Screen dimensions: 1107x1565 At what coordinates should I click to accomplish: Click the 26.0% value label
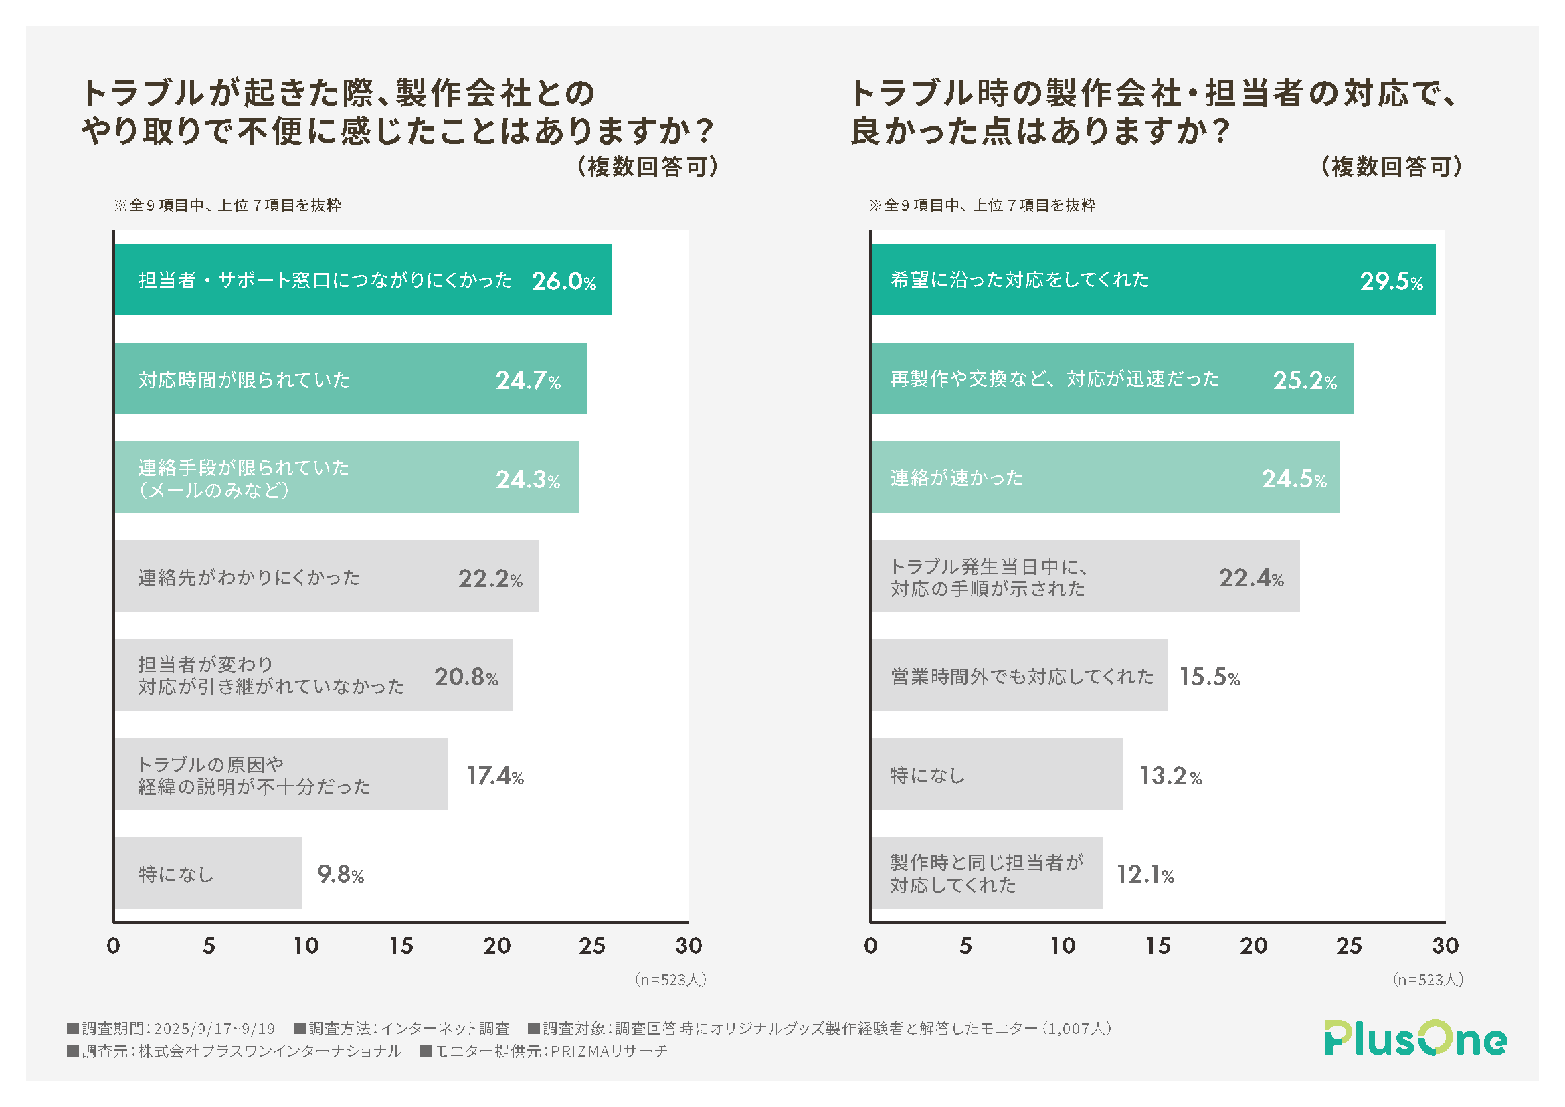point(563,281)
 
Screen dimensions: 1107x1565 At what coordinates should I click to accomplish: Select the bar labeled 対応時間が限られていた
point(351,379)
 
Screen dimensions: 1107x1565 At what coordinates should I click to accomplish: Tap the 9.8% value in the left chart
point(340,874)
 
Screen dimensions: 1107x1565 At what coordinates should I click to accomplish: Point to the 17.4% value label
point(495,776)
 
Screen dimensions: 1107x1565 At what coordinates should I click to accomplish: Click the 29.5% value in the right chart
point(1391,281)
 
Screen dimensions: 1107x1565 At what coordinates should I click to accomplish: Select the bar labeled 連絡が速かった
point(1104,477)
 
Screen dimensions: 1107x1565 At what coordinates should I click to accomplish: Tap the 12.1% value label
point(1144,875)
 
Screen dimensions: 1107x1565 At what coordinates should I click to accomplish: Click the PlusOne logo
point(1415,1038)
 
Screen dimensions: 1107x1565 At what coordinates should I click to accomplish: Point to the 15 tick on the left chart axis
point(401,946)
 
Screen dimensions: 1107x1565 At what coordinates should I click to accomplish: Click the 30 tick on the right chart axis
point(1445,946)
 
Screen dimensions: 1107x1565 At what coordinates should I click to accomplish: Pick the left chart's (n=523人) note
point(670,980)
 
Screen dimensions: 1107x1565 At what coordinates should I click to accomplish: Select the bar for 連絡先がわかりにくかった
point(327,577)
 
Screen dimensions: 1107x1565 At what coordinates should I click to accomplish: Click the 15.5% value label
point(1209,677)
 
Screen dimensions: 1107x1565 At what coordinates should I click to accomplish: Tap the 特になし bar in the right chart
point(996,774)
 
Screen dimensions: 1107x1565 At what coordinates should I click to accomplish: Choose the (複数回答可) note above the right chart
point(1390,167)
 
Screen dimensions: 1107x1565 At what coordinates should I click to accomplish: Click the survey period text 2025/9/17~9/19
point(214,1029)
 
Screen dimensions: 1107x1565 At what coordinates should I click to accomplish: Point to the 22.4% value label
point(1251,578)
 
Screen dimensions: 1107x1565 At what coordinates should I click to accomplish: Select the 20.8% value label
point(466,677)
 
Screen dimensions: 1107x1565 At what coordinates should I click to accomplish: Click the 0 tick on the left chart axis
point(114,946)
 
